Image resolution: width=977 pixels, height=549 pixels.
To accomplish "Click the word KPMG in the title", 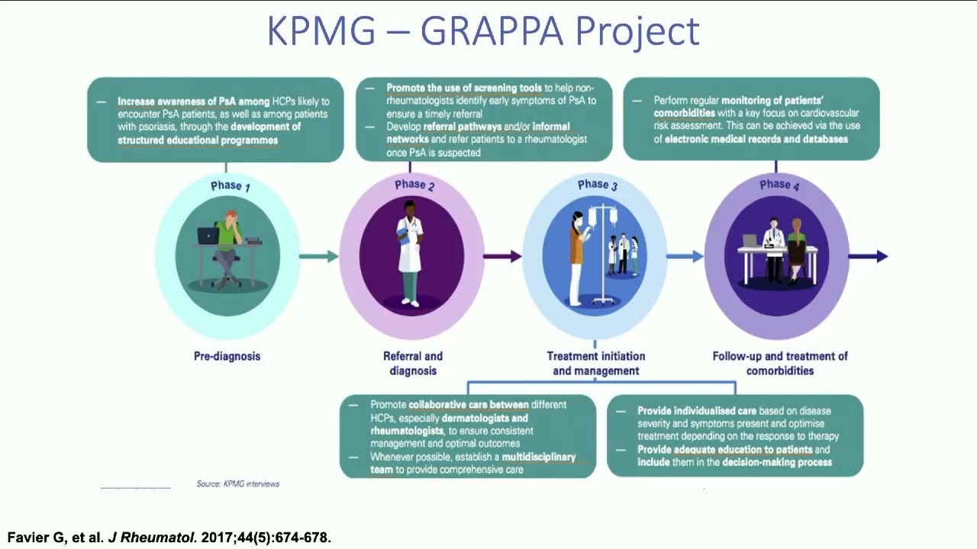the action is click(321, 30).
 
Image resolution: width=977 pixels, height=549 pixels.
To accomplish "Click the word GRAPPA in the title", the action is click(492, 30).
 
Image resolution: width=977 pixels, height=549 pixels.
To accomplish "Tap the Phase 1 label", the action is click(231, 186).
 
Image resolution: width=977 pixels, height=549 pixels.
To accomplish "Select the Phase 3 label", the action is click(598, 185).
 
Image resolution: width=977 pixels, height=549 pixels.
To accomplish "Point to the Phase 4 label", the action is click(779, 185).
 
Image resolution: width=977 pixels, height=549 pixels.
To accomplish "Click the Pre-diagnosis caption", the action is click(227, 356).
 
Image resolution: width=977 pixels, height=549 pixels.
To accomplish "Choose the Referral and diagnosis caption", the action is click(413, 364).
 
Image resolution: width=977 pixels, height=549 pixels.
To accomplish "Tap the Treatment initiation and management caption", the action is click(596, 364).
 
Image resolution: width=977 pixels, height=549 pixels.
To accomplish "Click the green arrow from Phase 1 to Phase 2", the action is click(319, 256).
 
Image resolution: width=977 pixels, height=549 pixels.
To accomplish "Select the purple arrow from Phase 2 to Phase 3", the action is click(502, 256).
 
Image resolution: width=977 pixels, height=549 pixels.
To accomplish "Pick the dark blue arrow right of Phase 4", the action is click(869, 256).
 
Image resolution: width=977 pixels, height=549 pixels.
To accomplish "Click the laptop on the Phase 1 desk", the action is click(208, 236).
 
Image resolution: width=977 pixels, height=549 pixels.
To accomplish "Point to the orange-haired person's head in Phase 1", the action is click(231, 217).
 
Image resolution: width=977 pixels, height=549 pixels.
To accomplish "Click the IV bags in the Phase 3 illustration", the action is click(603, 217).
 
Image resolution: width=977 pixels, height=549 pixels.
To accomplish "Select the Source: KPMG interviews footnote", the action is click(237, 483).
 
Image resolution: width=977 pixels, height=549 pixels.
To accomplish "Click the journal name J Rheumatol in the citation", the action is click(152, 538).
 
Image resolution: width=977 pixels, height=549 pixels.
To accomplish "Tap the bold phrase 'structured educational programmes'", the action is click(198, 140).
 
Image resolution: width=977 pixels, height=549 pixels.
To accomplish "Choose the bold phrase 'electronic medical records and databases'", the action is click(756, 139).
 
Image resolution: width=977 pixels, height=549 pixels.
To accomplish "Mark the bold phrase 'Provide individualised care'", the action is click(697, 410).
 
